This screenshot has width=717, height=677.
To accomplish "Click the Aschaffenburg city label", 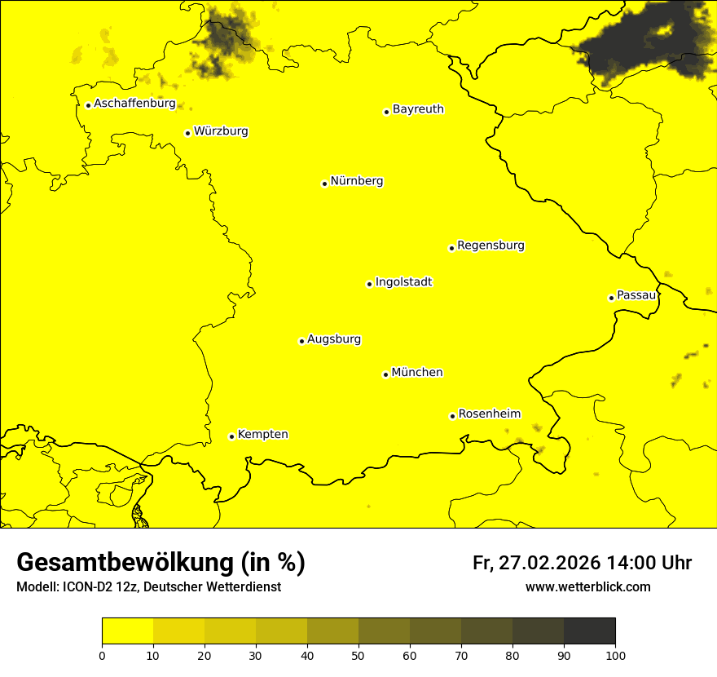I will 134,104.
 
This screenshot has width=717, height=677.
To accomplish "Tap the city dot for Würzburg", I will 187,133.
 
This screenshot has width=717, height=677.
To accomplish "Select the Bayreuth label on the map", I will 418,109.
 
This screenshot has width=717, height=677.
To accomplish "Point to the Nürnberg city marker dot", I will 324,184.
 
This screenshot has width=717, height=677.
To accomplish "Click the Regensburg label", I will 490,246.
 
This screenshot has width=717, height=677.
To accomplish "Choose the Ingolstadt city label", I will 403,282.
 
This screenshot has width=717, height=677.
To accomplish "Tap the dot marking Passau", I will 611,298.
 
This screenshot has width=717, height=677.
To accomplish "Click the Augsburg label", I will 334,339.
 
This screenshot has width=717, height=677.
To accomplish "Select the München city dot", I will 385,374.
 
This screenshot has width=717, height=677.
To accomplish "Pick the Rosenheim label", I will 489,414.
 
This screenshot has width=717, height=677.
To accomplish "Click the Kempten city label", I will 262,435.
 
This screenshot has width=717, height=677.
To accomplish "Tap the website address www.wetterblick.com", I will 587,587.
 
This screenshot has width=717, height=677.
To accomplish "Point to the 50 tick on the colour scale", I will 358,655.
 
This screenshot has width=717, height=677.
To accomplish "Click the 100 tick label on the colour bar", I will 615,655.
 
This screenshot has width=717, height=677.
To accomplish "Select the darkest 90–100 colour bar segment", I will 589,631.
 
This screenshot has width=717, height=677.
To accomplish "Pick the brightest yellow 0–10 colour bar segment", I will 127,631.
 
